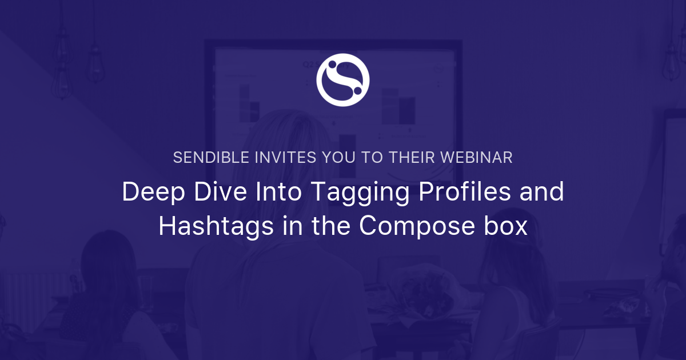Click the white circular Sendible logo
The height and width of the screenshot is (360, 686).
(343, 80)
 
